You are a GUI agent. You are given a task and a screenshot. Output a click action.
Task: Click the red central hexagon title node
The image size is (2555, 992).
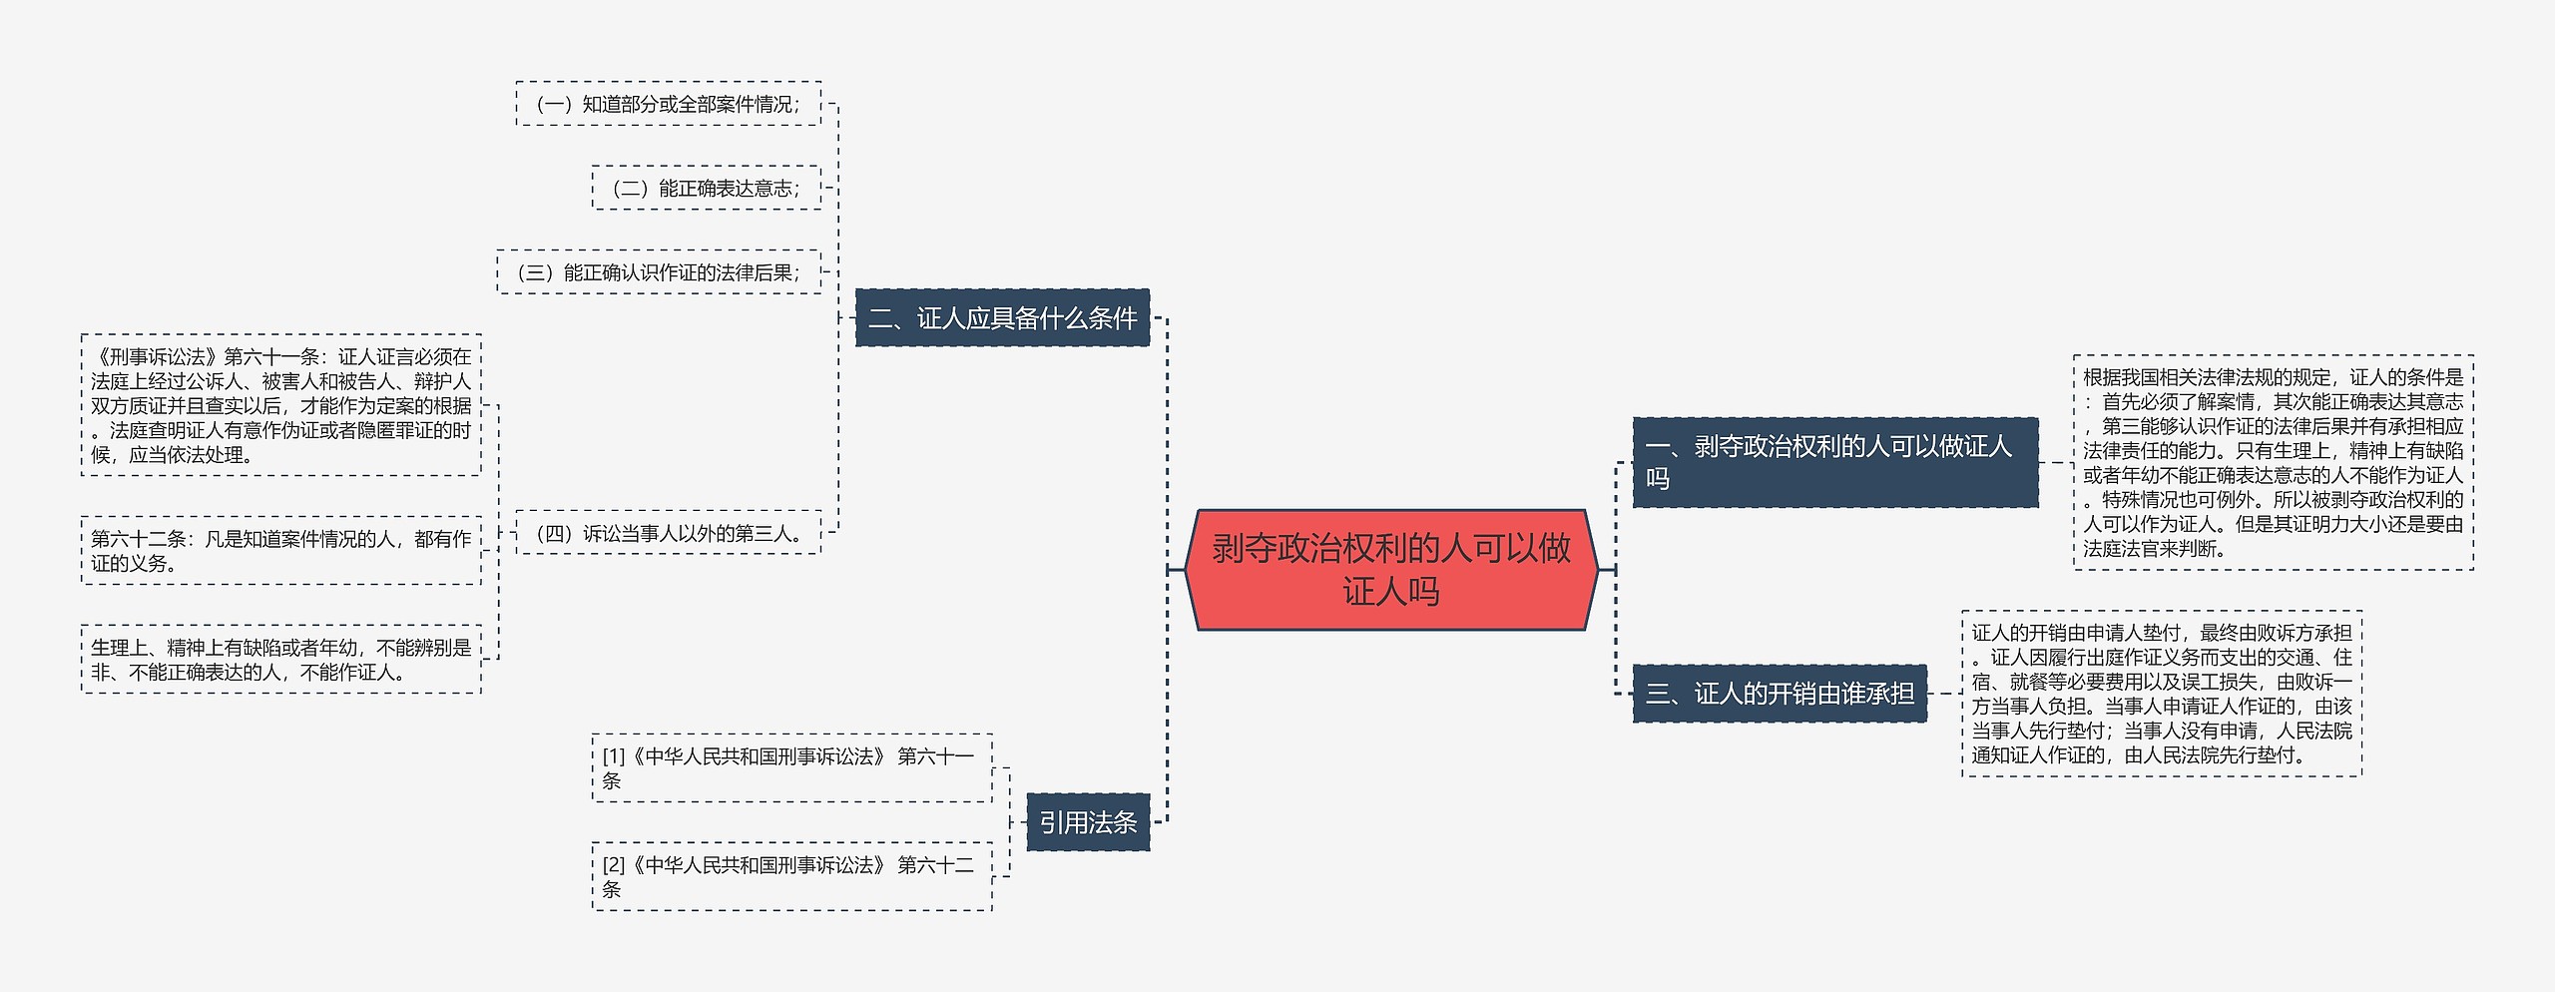point(1390,570)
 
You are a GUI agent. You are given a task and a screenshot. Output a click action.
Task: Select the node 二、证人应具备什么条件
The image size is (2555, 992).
point(1002,318)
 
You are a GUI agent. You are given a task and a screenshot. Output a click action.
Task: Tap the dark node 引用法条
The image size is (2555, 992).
point(1088,822)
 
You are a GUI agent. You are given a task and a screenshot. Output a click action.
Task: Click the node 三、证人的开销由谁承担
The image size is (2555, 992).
point(1780,694)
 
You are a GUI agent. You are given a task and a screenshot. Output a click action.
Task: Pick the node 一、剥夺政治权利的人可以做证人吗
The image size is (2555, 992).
point(1834,462)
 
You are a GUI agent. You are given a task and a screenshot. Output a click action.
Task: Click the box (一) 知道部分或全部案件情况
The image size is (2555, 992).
point(669,104)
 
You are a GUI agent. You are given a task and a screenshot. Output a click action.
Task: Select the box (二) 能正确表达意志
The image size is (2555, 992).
point(706,188)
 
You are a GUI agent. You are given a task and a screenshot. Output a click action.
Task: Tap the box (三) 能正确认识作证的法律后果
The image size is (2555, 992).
point(659,272)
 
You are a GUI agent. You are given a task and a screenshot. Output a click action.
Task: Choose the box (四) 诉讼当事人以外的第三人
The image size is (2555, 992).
point(669,533)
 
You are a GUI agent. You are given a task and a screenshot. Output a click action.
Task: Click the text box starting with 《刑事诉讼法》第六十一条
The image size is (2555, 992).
point(280,405)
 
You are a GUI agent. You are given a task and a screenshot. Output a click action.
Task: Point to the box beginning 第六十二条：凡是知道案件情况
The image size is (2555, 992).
point(280,551)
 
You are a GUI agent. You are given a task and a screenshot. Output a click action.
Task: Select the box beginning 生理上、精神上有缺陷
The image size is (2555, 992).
point(280,660)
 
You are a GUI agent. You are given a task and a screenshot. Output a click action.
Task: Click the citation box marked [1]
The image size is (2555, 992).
point(791,768)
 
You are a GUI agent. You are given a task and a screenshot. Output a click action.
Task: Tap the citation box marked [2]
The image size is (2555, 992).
point(791,876)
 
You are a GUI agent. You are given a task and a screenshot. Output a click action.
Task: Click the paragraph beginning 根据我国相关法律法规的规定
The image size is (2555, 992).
point(2273,462)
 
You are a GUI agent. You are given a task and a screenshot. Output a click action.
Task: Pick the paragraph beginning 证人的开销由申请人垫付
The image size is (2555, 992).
point(2162,694)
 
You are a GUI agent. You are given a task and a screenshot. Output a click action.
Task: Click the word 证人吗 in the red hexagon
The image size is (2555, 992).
point(1390,593)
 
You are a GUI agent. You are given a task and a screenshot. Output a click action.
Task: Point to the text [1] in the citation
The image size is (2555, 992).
point(613,756)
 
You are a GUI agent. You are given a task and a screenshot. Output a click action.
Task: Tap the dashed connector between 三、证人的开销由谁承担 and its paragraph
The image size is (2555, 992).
point(1944,694)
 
